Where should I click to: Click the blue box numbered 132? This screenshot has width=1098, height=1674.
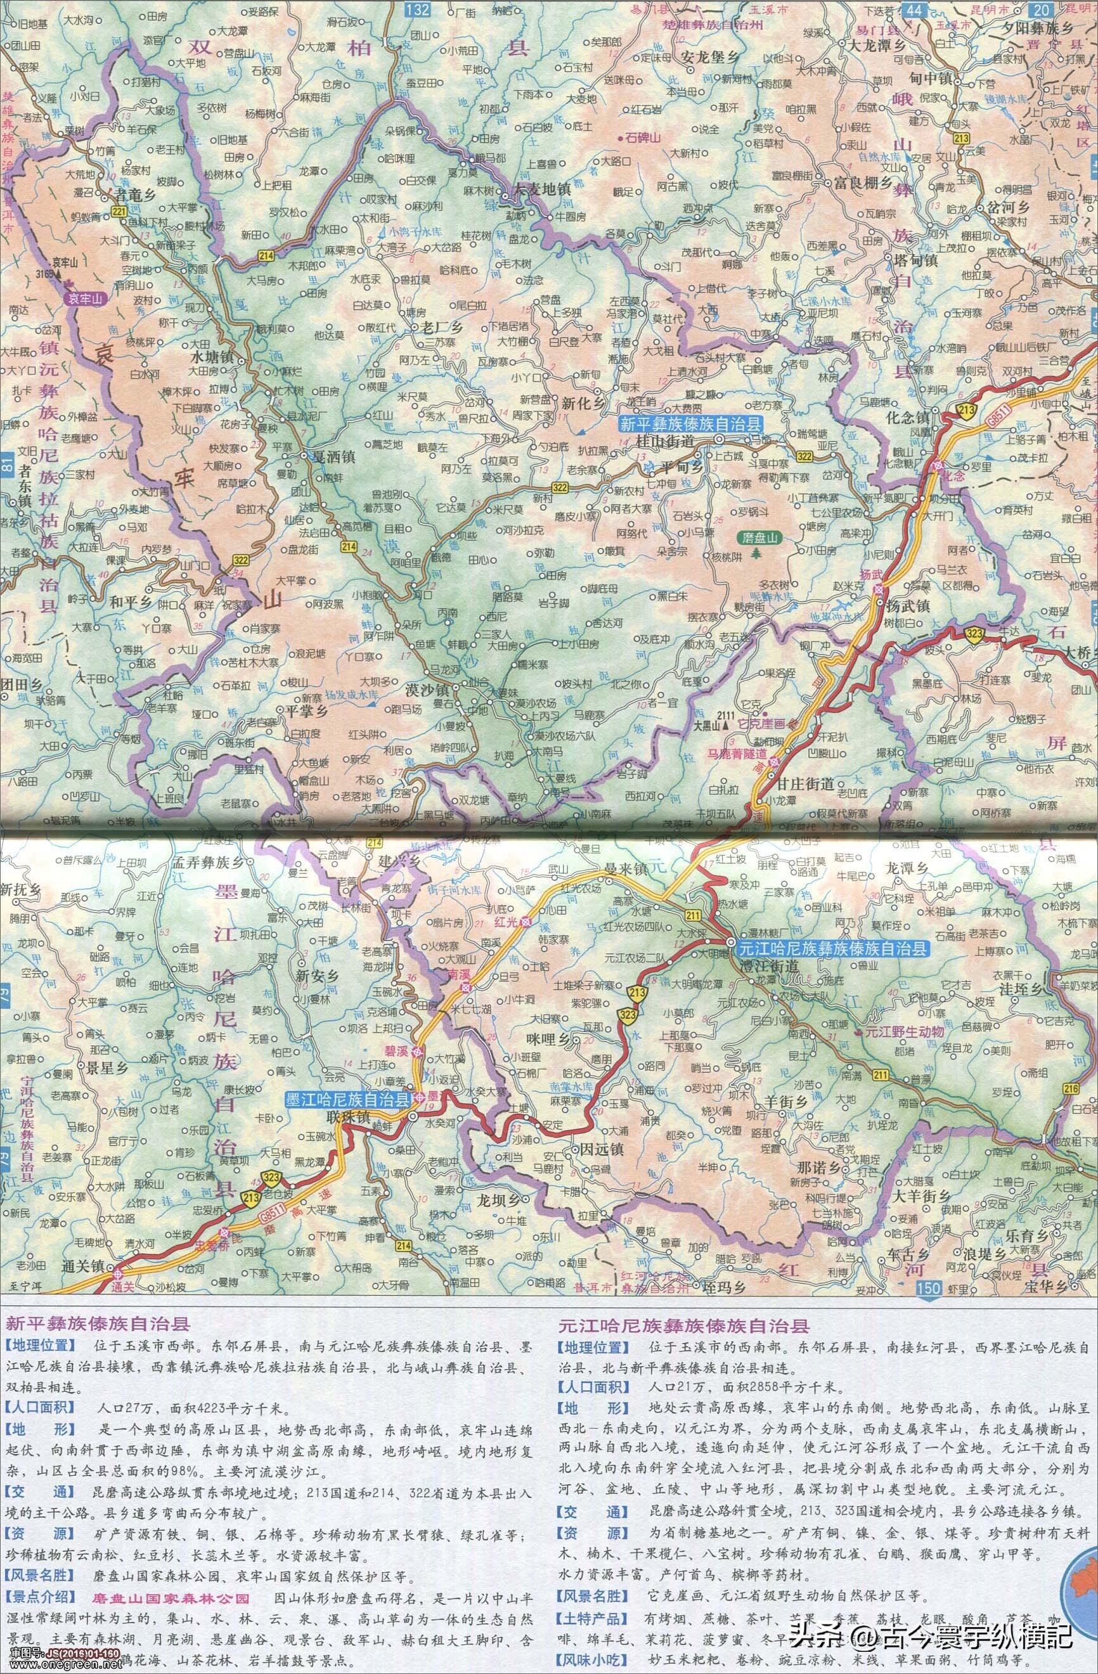(x=422, y=8)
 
